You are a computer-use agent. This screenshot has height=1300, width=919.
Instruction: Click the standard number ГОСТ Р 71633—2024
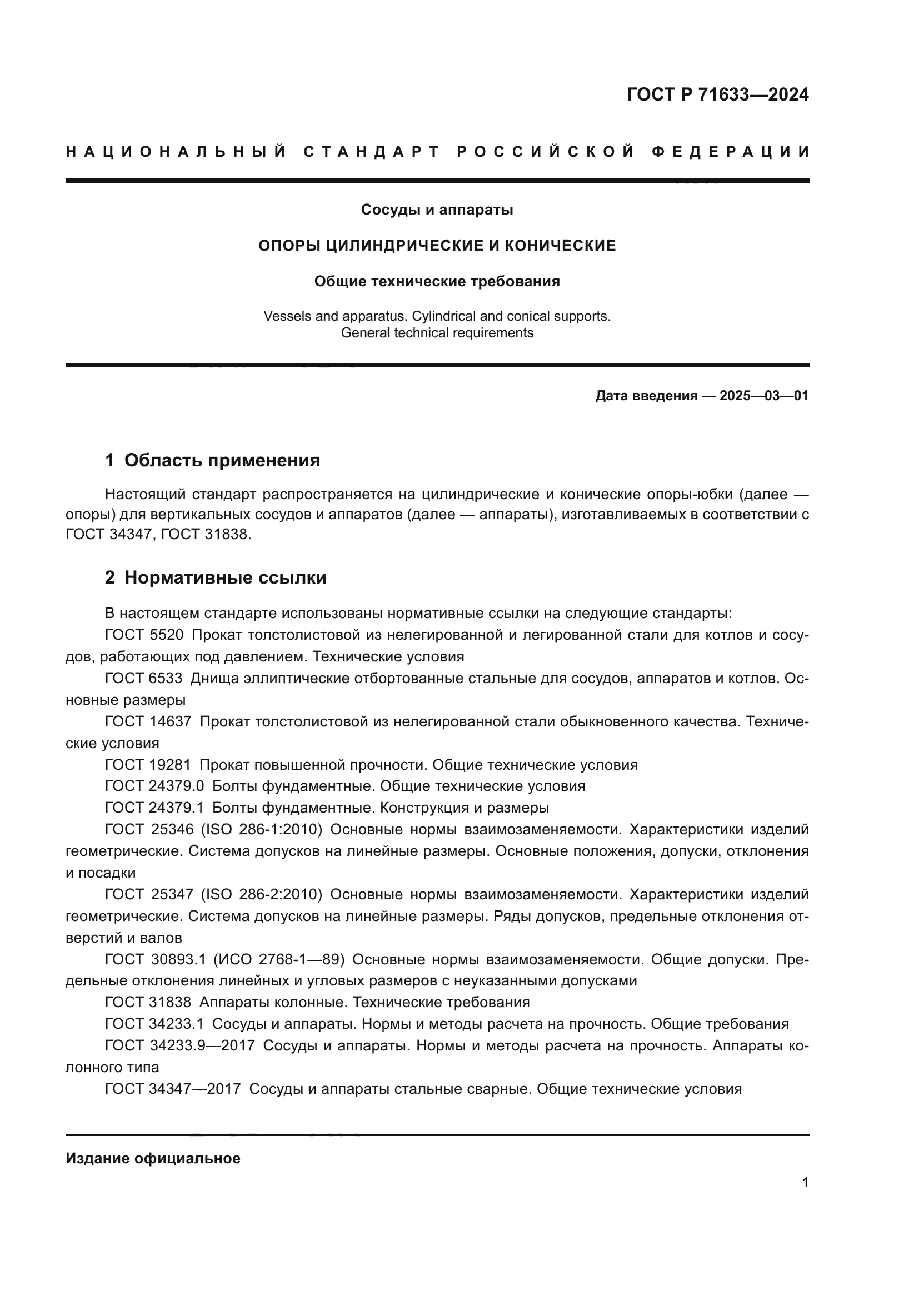717,94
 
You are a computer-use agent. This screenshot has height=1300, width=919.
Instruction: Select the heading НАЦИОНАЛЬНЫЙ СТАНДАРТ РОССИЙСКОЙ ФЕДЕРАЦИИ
437,152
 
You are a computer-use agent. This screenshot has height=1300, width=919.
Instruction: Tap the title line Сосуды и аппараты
437,210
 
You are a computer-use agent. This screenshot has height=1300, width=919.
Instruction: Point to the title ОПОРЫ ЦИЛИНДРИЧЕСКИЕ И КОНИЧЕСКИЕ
437,246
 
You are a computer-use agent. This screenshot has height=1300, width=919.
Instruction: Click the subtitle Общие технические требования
437,281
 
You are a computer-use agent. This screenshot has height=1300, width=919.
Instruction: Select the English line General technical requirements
437,333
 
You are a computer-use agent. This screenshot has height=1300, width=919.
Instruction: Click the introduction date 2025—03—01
764,396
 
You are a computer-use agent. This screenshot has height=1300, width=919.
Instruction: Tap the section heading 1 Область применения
212,460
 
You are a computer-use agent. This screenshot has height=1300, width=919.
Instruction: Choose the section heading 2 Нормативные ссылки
216,577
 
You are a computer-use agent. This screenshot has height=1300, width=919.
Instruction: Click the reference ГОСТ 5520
144,635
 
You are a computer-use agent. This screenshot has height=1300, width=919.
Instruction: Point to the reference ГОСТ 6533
144,678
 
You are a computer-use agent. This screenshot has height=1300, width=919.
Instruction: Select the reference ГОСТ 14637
148,722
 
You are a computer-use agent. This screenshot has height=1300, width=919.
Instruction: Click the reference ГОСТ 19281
148,765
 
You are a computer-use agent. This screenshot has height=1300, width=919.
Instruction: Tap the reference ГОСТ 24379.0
154,786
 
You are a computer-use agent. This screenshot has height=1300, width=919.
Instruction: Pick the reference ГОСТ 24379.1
154,808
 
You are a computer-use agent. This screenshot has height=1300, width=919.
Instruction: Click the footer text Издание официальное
153,1158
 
